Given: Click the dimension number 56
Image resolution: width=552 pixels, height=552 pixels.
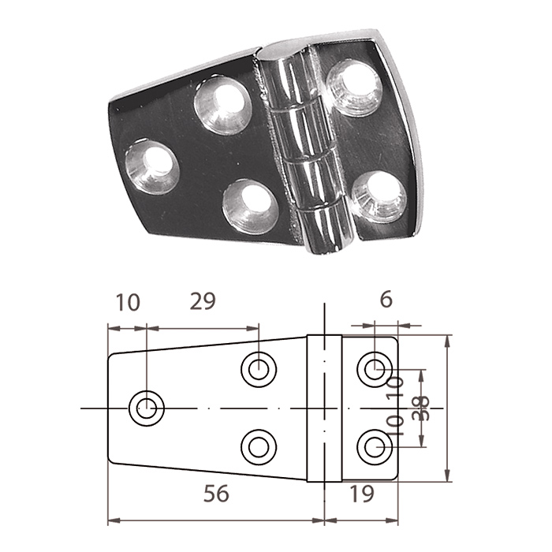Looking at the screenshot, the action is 216,493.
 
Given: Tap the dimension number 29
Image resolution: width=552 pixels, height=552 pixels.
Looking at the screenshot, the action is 203,301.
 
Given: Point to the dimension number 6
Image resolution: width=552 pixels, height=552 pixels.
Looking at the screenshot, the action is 386,300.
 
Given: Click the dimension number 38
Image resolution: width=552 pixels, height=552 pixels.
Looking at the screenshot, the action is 420,408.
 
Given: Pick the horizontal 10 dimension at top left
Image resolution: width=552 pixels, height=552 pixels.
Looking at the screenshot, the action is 128,302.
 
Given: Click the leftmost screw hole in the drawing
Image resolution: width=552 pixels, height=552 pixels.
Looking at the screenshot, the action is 147,408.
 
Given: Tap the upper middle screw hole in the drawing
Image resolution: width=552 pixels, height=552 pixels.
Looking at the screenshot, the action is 259,369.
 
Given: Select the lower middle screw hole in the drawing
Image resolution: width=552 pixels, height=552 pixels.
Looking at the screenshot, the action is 259,447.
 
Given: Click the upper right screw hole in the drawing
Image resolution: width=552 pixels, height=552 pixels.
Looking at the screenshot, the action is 375,369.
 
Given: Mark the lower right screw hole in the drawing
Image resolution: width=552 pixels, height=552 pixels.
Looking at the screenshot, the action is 375,447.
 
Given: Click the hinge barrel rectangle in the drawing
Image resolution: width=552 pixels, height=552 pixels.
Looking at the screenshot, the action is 324,408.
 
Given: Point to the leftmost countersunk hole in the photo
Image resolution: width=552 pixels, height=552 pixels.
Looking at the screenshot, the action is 152,166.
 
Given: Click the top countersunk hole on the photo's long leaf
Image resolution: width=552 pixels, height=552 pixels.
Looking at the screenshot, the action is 223,105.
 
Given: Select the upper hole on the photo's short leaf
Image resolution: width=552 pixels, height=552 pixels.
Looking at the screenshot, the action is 353,88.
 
